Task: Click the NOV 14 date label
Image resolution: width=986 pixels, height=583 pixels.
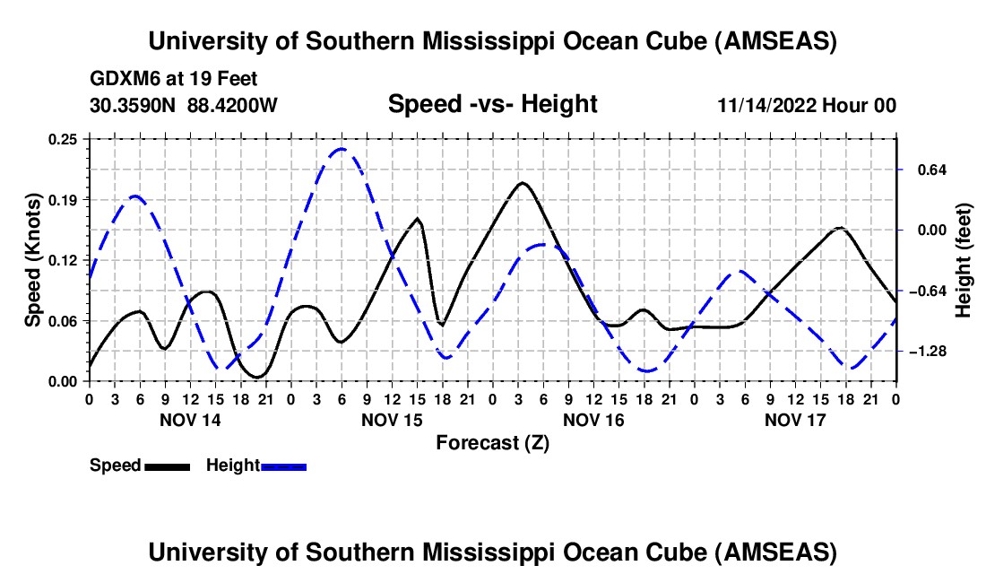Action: click(x=189, y=420)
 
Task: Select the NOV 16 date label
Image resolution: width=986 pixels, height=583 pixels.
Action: click(x=592, y=420)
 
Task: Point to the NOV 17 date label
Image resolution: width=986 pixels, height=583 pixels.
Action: click(x=794, y=420)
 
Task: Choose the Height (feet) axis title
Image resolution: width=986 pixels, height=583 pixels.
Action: click(x=964, y=260)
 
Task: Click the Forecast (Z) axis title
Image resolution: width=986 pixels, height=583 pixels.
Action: click(x=492, y=442)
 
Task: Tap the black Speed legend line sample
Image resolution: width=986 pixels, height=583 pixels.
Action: click(x=167, y=466)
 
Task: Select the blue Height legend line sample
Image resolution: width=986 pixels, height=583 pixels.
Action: click(x=283, y=466)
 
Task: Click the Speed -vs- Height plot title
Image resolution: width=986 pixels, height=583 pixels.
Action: click(x=492, y=105)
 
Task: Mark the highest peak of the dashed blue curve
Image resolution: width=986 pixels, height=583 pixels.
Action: click(x=341, y=149)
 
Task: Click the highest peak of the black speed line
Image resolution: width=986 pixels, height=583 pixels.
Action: click(x=523, y=183)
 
